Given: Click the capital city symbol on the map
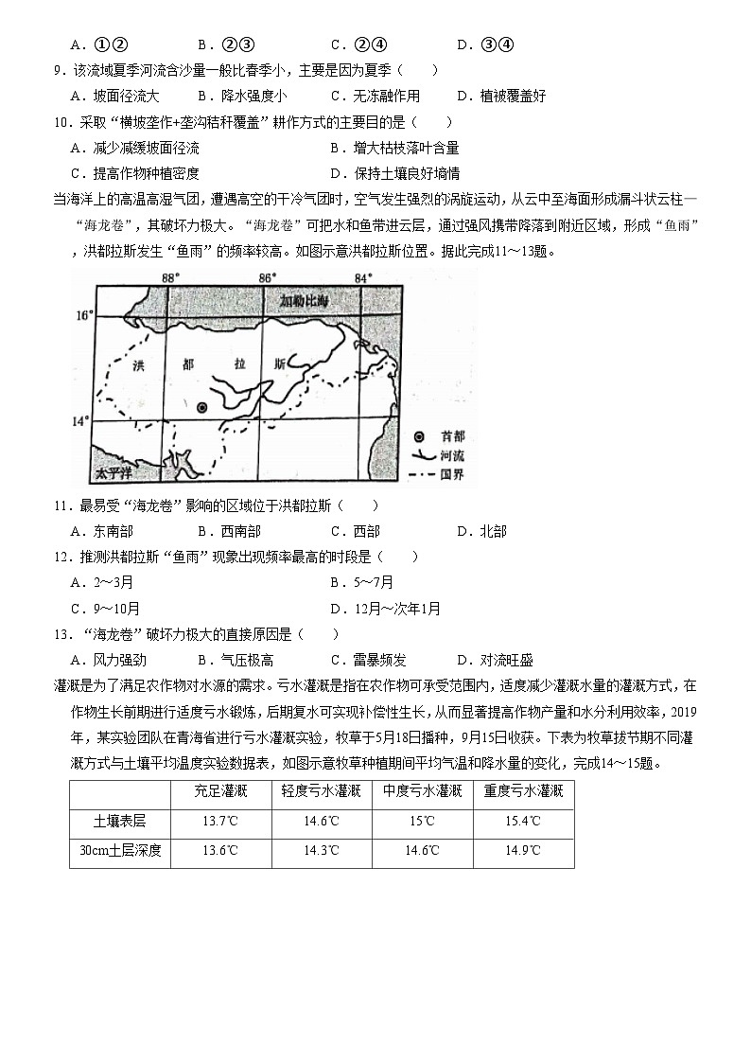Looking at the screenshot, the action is pyautogui.click(x=201, y=407).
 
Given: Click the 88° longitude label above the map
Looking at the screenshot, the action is pyautogui.click(x=169, y=277).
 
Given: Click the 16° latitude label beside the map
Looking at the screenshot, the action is pyautogui.click(x=85, y=313).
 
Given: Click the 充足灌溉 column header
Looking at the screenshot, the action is pyautogui.click(x=221, y=791).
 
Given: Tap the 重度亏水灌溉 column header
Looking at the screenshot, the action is pyautogui.click(x=523, y=791).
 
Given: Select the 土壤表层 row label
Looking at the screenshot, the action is pyautogui.click(x=119, y=821).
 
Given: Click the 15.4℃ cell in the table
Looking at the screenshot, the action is pyautogui.click(x=523, y=821).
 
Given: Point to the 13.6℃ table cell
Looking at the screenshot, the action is pyautogui.click(x=221, y=850).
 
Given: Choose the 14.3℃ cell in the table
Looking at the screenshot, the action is pyautogui.click(x=323, y=850).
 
